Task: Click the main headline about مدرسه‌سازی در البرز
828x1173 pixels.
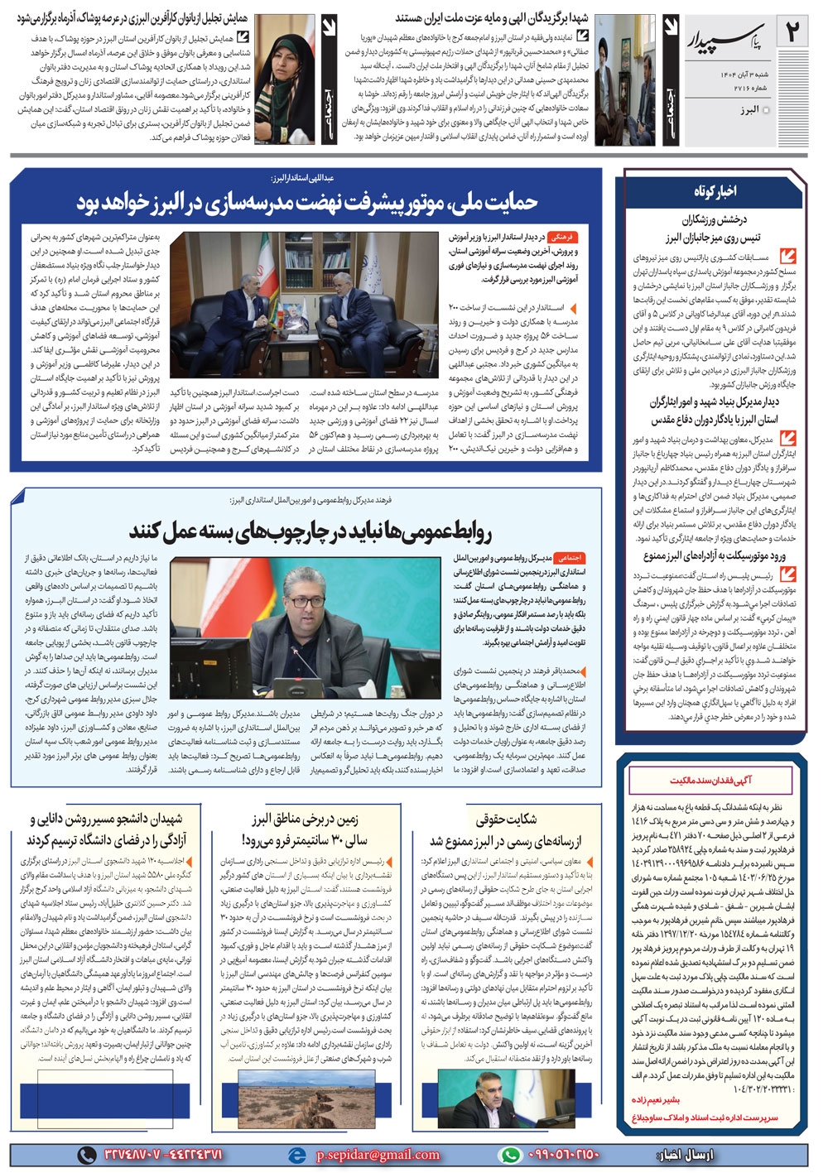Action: (306, 201)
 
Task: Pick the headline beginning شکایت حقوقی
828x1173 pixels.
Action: (505, 820)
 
